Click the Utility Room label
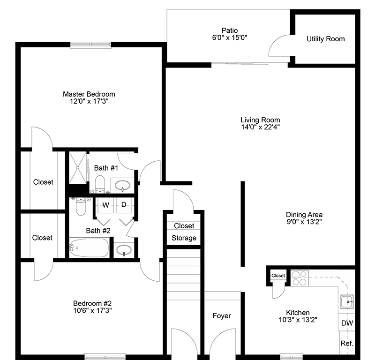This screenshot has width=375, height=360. (325, 39)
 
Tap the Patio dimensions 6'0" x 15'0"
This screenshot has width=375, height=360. (230, 38)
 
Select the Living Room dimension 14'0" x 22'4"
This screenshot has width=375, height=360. (261, 127)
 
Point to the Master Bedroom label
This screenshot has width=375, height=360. (89, 94)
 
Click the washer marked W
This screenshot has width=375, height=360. (106, 205)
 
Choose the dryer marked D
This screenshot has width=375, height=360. (124, 205)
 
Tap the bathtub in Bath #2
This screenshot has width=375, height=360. (89, 247)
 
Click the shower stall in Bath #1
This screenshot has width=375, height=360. (78, 168)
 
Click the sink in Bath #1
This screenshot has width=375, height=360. (124, 185)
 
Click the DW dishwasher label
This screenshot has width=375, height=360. (347, 323)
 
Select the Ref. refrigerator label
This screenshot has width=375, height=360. (347, 343)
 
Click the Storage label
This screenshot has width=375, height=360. (184, 238)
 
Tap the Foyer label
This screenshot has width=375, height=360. (222, 316)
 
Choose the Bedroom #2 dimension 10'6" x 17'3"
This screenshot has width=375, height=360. (92, 310)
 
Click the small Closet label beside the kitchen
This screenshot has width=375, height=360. (278, 276)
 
